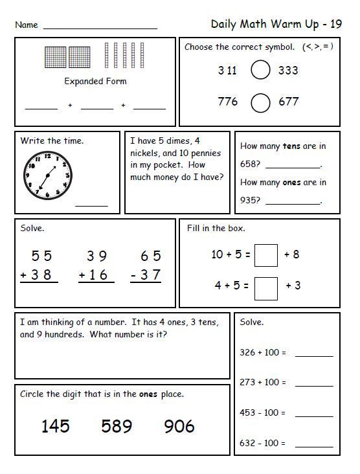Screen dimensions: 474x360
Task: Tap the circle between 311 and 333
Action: click(x=260, y=71)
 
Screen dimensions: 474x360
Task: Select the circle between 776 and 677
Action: click(x=260, y=102)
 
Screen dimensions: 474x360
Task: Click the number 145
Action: click(x=56, y=425)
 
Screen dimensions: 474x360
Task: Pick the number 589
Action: click(x=117, y=425)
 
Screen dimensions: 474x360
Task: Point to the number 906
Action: click(x=179, y=425)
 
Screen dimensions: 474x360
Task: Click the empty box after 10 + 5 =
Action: click(x=266, y=255)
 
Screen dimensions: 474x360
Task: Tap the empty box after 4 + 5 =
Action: click(x=266, y=286)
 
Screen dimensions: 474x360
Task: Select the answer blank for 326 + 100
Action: click(x=314, y=355)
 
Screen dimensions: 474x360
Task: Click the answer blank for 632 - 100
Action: click(x=314, y=446)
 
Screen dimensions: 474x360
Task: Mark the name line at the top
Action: click(x=100, y=28)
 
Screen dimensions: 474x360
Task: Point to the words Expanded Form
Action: click(x=95, y=82)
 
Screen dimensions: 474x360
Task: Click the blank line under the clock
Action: click(x=91, y=205)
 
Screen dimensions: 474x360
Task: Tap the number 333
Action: click(x=288, y=71)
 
